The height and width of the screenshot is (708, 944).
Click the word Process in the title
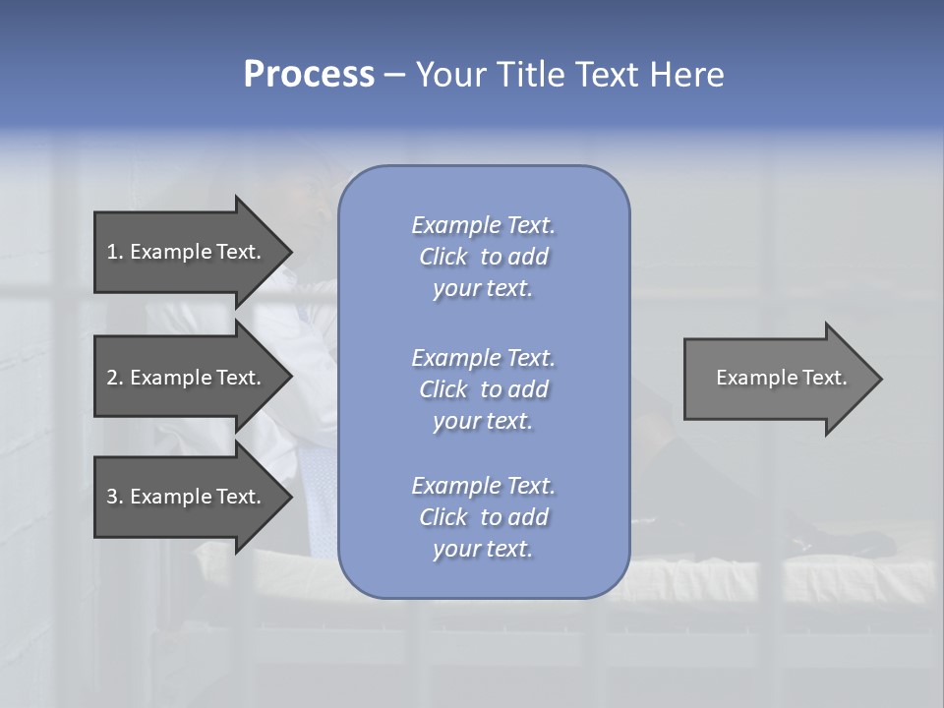[309, 75]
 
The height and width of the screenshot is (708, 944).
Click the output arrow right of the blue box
[777, 378]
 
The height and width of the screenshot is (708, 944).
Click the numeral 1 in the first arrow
[112, 252]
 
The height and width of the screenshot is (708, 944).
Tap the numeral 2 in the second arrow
[112, 378]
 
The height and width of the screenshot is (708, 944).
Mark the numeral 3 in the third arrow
[112, 497]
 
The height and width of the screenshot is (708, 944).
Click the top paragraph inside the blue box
[483, 257]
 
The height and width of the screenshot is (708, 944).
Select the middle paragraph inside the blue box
[483, 389]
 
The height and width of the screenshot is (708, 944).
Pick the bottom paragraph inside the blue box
[483, 517]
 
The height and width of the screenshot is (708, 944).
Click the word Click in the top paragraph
[443, 257]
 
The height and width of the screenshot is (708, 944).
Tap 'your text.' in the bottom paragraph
[483, 549]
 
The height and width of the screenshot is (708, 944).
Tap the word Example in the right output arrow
[751, 378]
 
